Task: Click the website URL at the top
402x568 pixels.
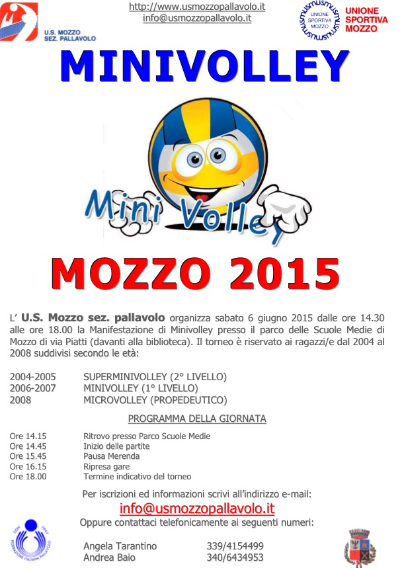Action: (x=197, y=7)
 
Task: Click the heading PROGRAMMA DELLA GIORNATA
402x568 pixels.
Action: (x=197, y=419)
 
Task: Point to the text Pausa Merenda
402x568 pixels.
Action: (x=111, y=456)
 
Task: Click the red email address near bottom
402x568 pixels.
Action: (x=197, y=508)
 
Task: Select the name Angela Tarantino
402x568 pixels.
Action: (x=120, y=546)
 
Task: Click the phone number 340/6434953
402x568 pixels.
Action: (x=235, y=557)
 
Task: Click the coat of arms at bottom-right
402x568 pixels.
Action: (x=360, y=548)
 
